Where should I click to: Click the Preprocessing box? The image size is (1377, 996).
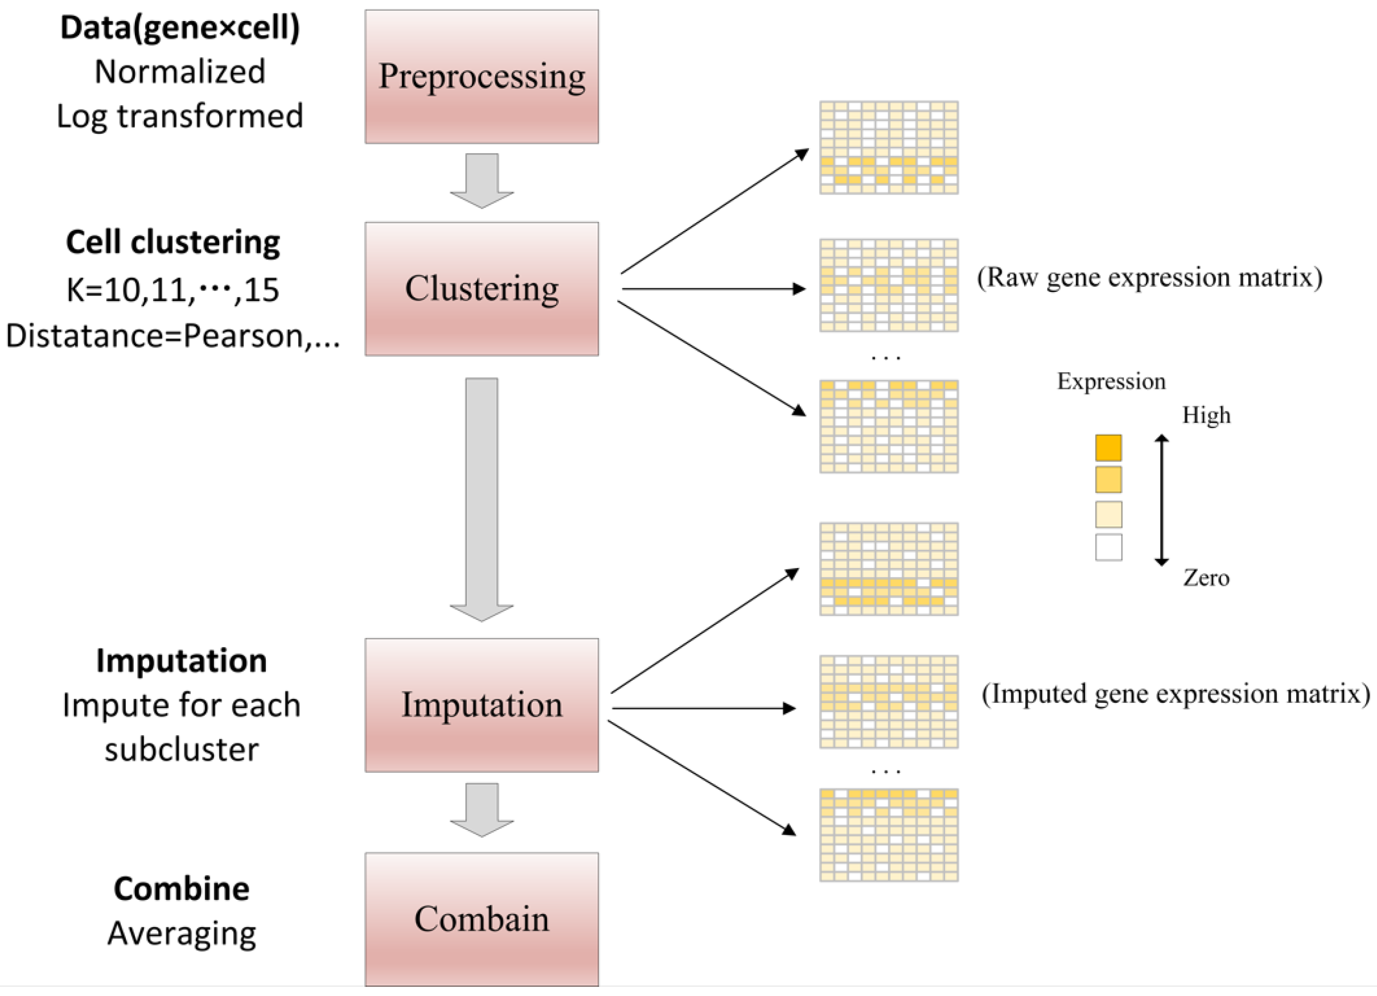pyautogui.click(x=482, y=76)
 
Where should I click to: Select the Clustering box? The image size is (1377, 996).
pyautogui.click(x=482, y=289)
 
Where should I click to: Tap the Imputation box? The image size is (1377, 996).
pyautogui.click(x=482, y=705)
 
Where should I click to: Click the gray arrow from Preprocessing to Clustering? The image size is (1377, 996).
pyautogui.click(x=482, y=180)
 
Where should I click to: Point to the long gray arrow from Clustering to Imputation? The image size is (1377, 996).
pyautogui.click(x=482, y=497)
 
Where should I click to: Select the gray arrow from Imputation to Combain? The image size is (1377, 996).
pyautogui.click(x=482, y=809)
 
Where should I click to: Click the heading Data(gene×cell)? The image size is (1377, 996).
pyautogui.click(x=180, y=28)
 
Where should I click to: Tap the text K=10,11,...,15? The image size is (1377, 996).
pyautogui.click(x=172, y=290)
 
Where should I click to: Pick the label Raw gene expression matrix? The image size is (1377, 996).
pyautogui.click(x=1149, y=277)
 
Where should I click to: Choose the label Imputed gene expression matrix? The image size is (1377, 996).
pyautogui.click(x=1175, y=694)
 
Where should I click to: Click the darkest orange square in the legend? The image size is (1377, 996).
pyautogui.click(x=1108, y=448)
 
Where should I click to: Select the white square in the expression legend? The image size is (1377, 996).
pyautogui.click(x=1108, y=548)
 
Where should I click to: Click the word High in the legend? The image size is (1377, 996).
pyautogui.click(x=1206, y=415)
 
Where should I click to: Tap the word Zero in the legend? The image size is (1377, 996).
pyautogui.click(x=1206, y=578)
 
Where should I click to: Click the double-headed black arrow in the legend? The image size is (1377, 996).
pyautogui.click(x=1161, y=500)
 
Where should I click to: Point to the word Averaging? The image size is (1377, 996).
pyautogui.click(x=182, y=933)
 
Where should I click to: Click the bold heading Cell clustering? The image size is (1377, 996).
pyautogui.click(x=172, y=242)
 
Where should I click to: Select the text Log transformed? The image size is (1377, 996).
pyautogui.click(x=180, y=116)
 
